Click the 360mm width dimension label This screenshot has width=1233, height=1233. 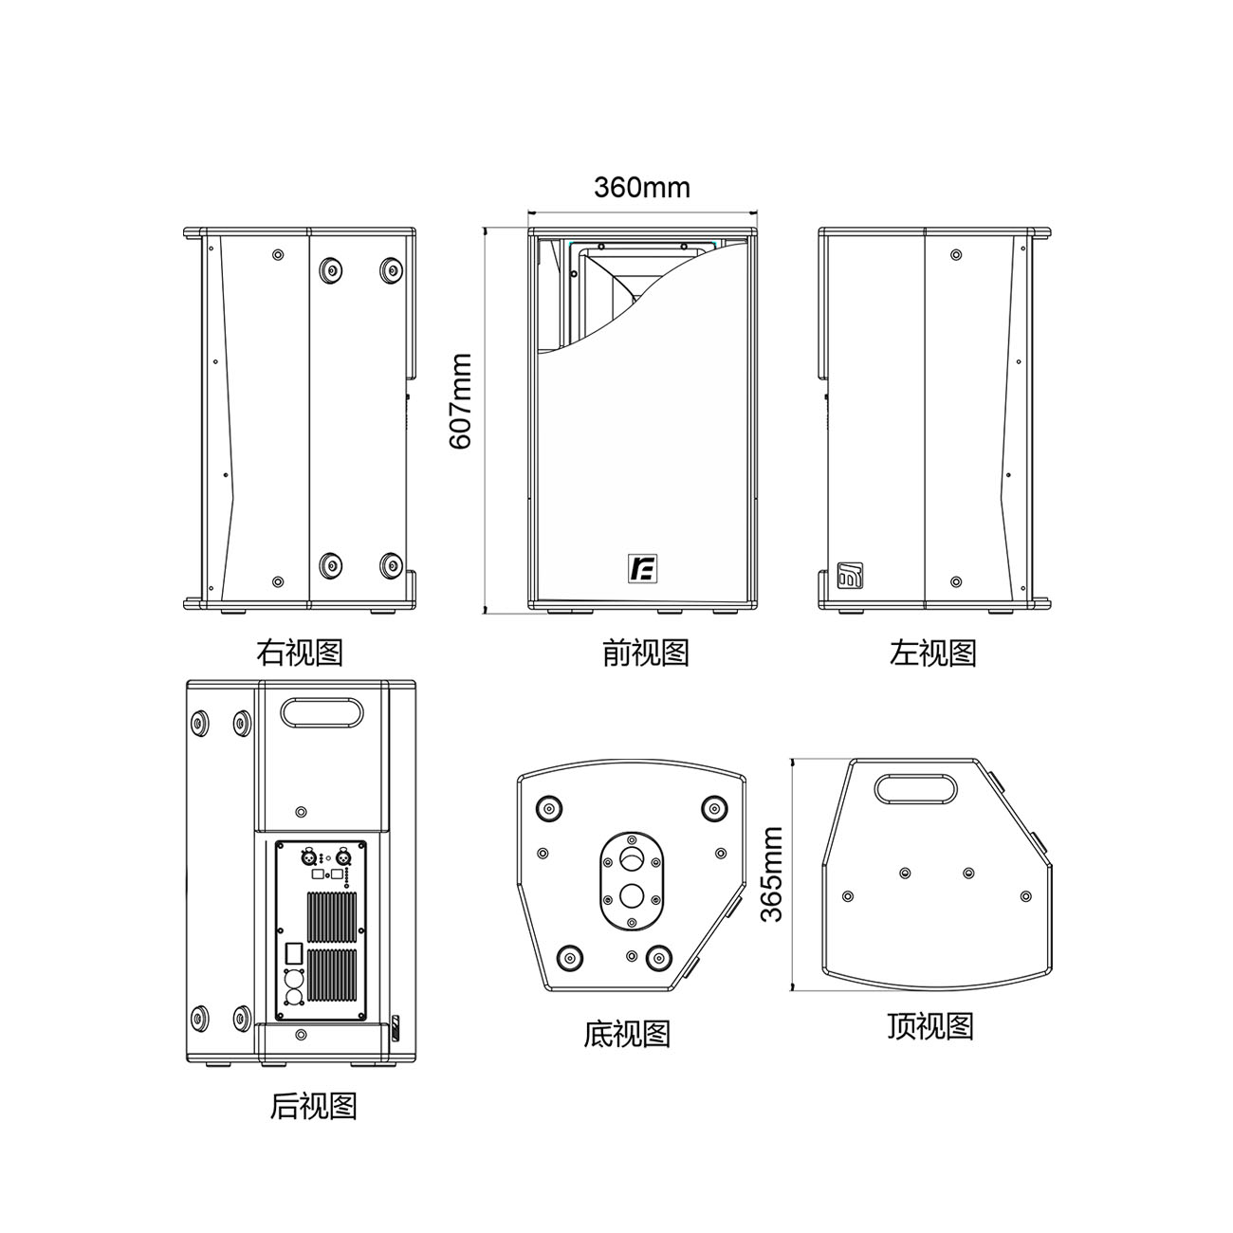point(642,188)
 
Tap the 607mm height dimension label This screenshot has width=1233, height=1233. point(461,401)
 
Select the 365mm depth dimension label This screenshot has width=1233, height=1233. point(772,874)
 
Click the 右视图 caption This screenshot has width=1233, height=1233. point(300,652)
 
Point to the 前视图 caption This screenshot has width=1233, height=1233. point(646,653)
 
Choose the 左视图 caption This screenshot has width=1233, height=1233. point(933,653)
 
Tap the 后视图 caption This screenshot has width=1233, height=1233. point(314,1106)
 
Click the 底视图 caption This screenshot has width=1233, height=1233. point(627,1035)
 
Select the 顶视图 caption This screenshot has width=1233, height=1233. point(930,1025)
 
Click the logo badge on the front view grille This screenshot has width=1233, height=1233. point(642,568)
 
